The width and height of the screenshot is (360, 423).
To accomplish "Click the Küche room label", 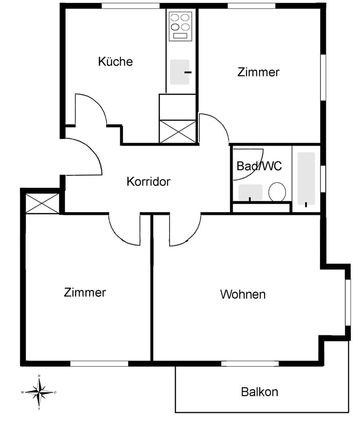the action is [115, 62].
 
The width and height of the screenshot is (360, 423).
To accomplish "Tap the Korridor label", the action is [148, 182].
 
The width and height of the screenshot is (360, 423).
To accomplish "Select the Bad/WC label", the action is [259, 166].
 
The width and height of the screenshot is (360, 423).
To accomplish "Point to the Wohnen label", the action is [243, 294].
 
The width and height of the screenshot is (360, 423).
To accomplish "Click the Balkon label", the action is [260, 392].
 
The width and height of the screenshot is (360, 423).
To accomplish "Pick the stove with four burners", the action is [180, 27].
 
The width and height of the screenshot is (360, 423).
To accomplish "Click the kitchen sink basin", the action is [180, 72].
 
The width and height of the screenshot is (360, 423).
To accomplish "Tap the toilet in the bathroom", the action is [277, 192].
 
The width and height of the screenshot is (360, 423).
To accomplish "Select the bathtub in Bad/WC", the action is [306, 178].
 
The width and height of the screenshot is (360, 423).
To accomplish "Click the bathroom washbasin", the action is [250, 192].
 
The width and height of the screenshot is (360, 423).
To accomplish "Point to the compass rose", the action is [40, 392].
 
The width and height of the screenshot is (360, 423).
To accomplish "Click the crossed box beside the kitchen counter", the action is [178, 132].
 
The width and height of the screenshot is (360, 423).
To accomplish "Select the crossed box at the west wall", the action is [42, 204].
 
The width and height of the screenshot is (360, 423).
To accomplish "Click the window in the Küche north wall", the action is [130, 6].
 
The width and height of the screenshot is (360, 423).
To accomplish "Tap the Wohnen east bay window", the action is [348, 303].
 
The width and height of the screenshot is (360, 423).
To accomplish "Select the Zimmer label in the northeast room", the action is [258, 72].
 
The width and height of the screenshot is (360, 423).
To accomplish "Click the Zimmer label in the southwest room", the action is [85, 293].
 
